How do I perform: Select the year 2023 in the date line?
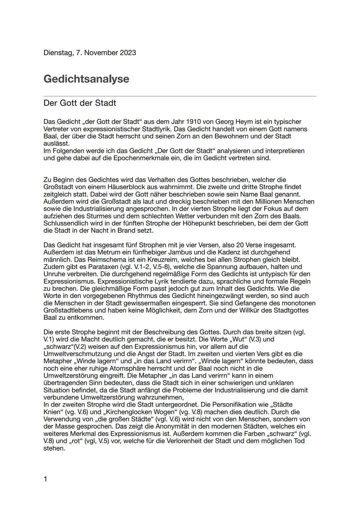pyautogui.click(x=128, y=53)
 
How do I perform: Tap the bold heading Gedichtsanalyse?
pyautogui.click(x=86, y=79)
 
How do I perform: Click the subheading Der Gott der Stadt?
pyautogui.click(x=80, y=103)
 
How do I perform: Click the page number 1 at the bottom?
pyautogui.click(x=45, y=479)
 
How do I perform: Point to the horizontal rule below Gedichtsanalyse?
pyautogui.click(x=180, y=96)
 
